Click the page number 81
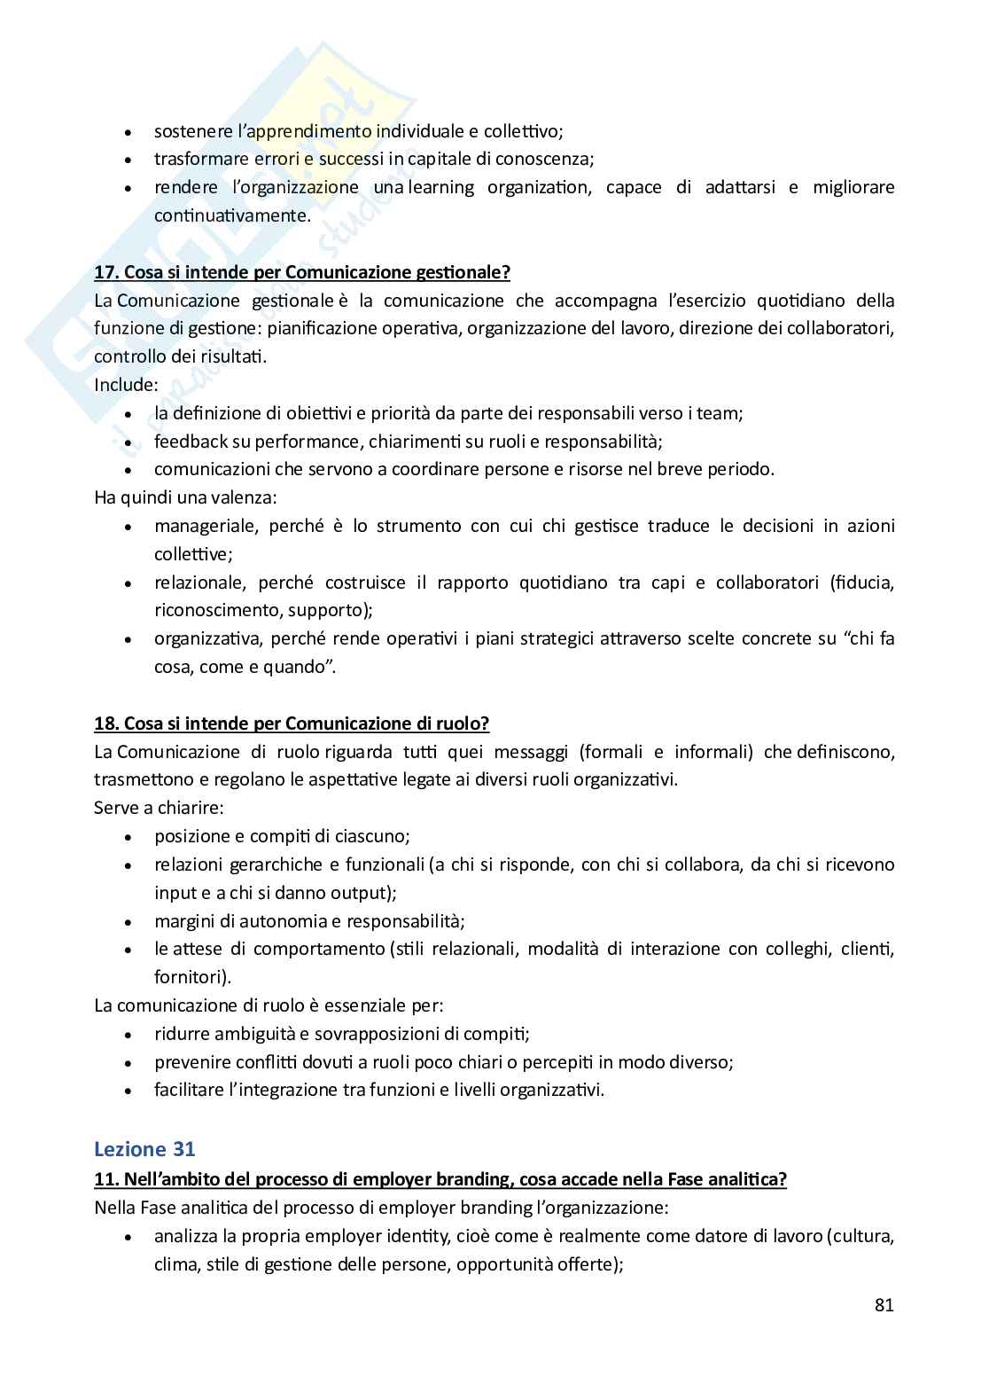click(x=884, y=1304)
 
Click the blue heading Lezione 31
click(x=144, y=1148)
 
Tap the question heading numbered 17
click(x=302, y=271)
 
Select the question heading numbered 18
click(x=292, y=723)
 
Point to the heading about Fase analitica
click(x=440, y=1179)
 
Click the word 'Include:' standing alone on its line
click(x=126, y=385)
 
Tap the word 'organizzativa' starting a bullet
click(x=206, y=638)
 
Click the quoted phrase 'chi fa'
click(x=870, y=638)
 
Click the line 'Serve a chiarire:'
click(x=159, y=808)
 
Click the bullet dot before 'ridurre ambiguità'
click(x=129, y=1035)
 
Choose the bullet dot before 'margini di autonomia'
click(x=129, y=922)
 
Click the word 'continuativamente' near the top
click(x=232, y=215)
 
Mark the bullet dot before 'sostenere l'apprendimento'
click(x=129, y=132)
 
